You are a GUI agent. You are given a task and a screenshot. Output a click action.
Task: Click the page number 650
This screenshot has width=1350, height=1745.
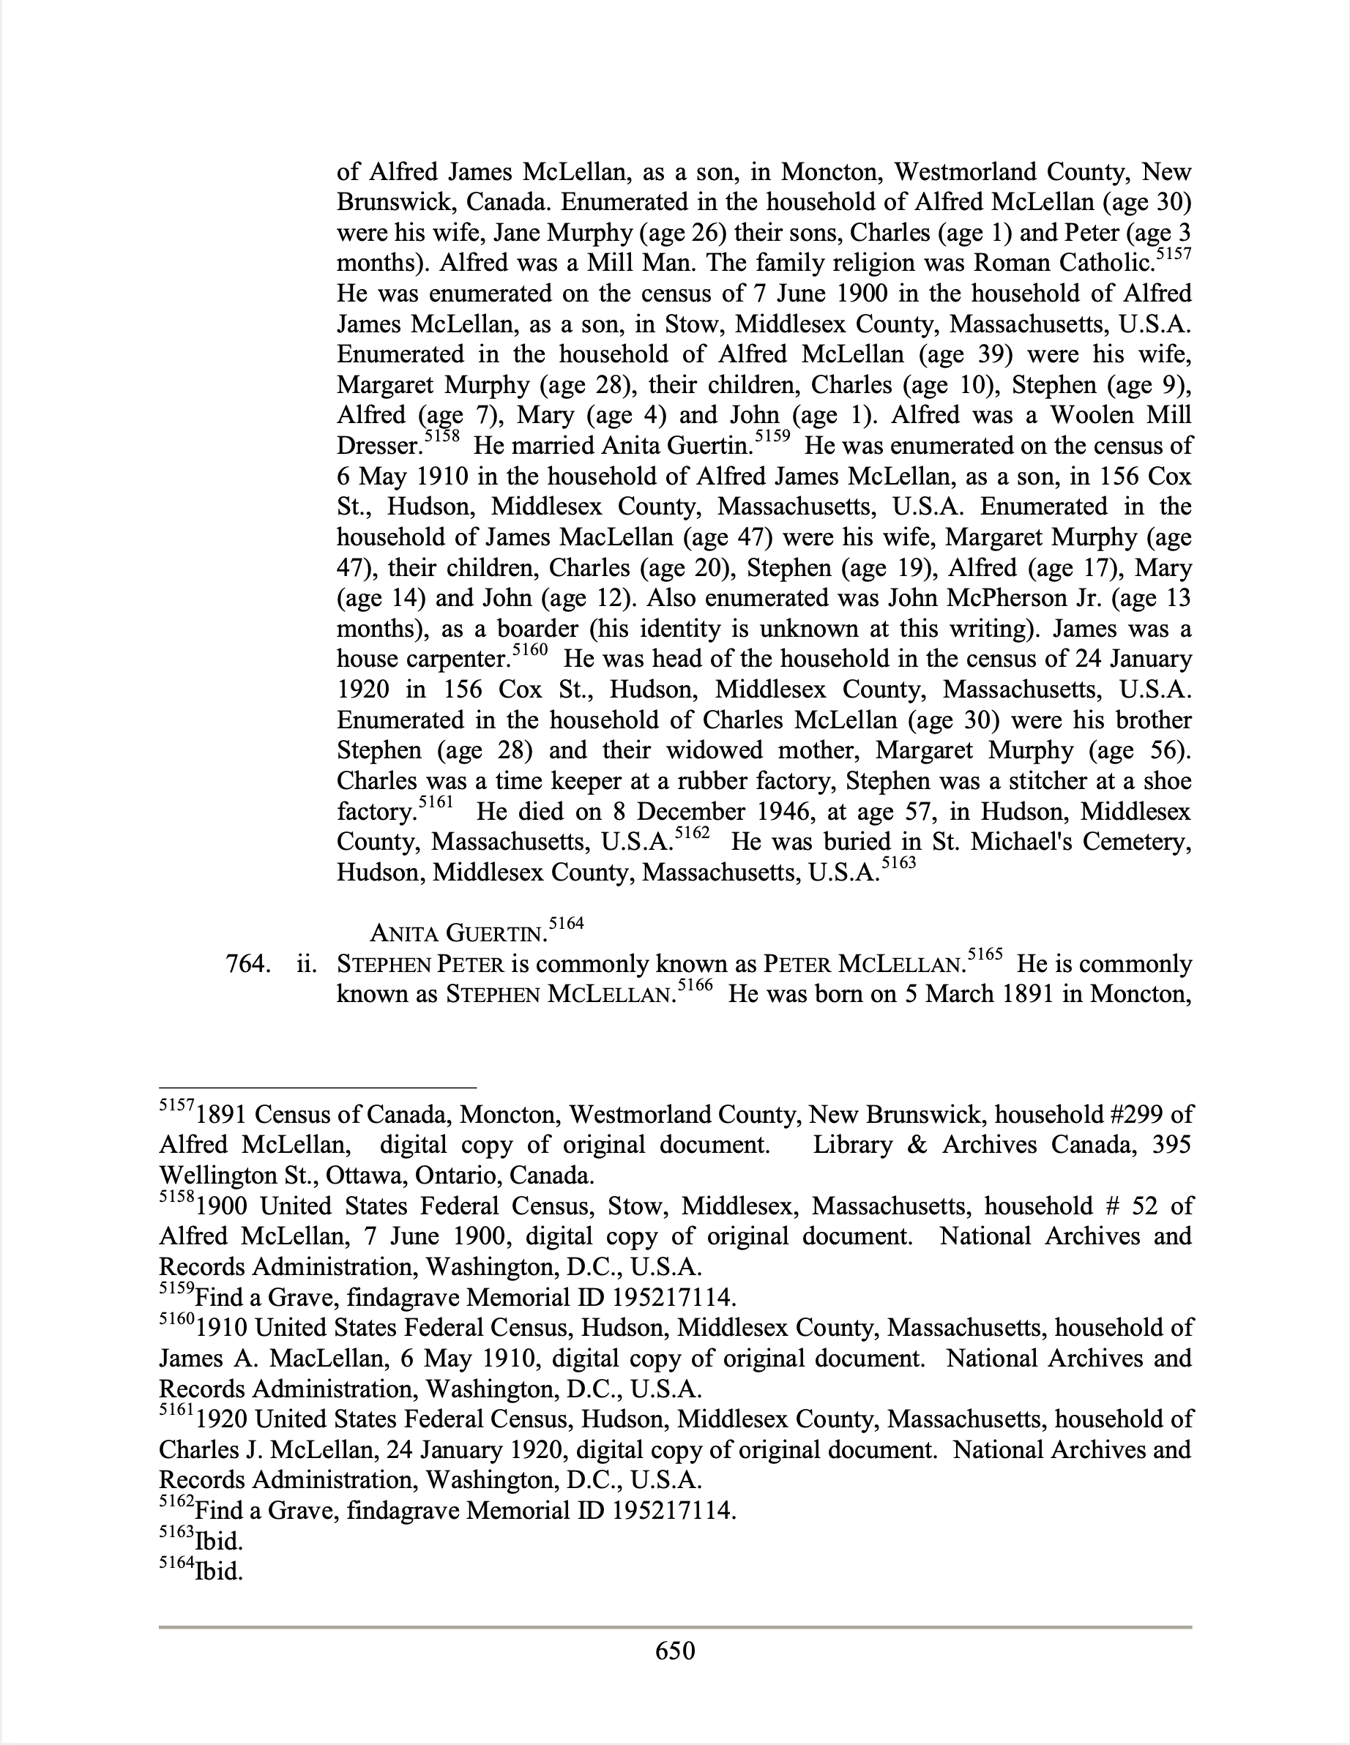tap(674, 1651)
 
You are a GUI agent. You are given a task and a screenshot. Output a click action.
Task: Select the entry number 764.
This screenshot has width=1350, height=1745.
tap(246, 965)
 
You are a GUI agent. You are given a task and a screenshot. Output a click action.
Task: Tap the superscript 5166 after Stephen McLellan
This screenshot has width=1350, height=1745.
tap(694, 985)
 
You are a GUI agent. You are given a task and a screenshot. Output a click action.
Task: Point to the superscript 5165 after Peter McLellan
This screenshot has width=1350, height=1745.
tap(985, 954)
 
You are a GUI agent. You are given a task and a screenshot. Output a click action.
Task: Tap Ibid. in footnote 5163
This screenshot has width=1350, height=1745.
tap(218, 1542)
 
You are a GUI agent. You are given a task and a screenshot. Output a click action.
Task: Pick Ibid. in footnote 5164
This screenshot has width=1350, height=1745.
tap(218, 1572)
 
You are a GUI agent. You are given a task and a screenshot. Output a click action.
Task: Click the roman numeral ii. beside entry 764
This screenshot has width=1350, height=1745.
tap(306, 965)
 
